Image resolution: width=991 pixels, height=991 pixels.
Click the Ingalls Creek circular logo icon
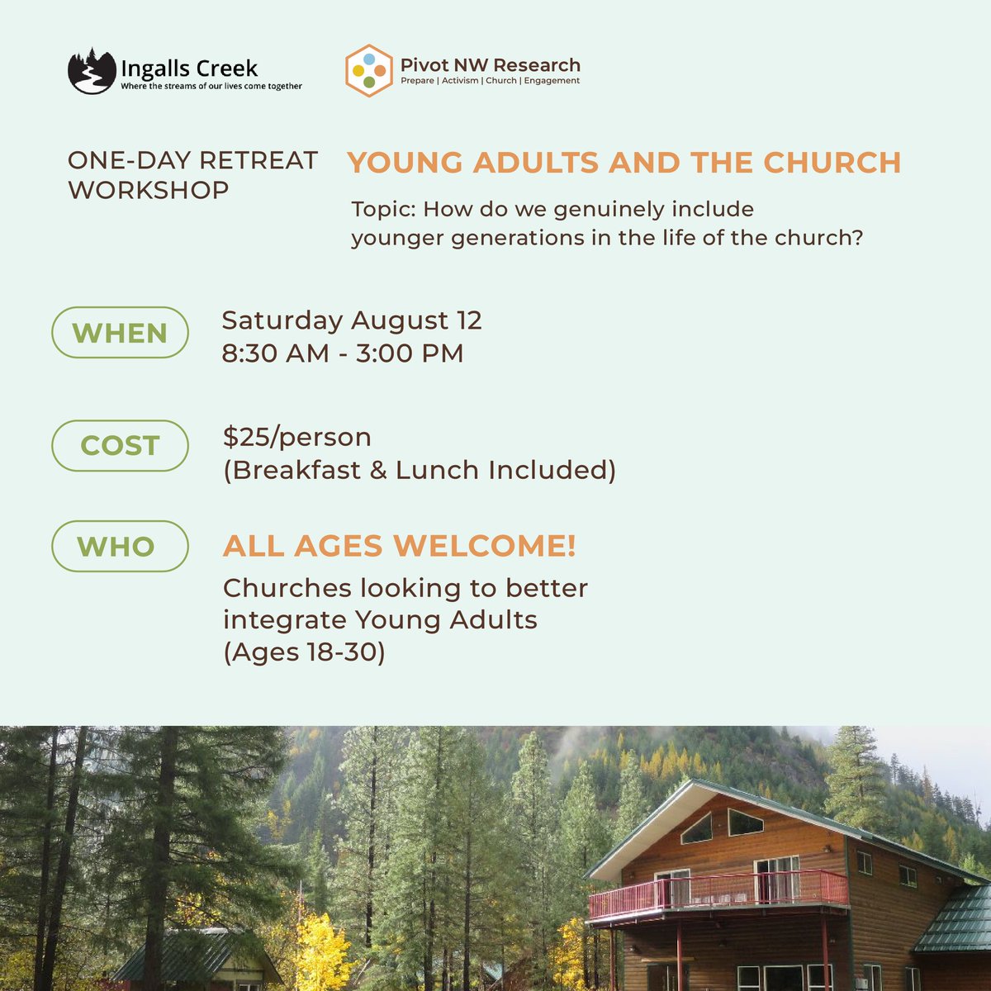pos(92,71)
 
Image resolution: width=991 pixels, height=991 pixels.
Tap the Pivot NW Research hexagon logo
pos(368,71)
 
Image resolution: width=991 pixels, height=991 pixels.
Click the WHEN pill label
pos(120,333)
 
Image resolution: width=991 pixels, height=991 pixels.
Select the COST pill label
pos(120,446)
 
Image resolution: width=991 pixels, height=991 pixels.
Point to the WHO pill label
pos(120,546)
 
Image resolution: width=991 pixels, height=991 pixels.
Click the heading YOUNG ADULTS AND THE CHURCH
pos(624,163)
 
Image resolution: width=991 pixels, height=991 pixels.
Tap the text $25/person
pos(296,436)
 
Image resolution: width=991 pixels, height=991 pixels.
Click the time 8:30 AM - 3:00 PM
pos(343,353)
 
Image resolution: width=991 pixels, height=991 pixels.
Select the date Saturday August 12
pos(352,320)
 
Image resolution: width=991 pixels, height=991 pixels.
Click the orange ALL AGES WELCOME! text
pos(399,546)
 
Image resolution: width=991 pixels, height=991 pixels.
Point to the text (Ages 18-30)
pos(304,652)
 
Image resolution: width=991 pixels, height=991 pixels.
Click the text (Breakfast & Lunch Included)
pos(420,470)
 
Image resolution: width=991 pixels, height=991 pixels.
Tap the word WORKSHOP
pos(149,190)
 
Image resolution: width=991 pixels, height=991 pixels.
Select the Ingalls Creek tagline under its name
pos(211,86)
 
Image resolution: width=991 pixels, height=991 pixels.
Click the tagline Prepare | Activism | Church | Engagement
pos(490,81)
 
